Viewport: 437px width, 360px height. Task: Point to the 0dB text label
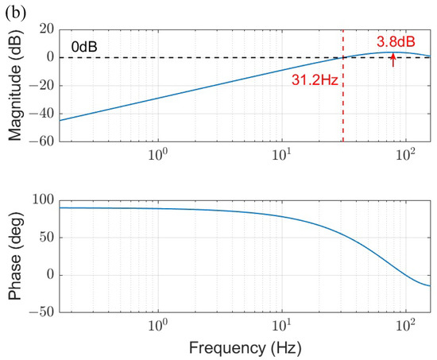[83, 46]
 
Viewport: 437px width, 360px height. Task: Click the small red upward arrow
[393, 60]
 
